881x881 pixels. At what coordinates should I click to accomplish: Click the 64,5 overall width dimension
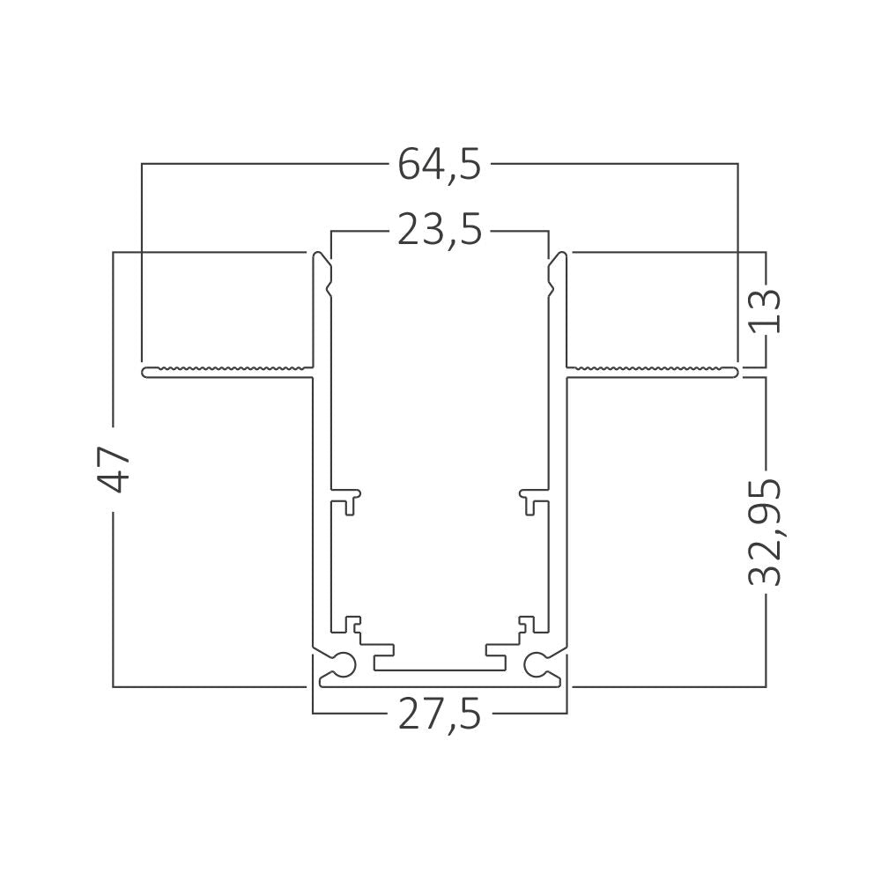[440, 165]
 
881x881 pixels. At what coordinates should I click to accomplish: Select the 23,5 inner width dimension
[440, 230]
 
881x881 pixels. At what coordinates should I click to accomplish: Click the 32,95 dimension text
[766, 533]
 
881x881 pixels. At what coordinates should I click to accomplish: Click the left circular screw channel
[344, 665]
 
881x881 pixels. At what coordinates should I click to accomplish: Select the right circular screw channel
[536, 665]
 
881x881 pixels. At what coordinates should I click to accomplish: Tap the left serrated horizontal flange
[227, 372]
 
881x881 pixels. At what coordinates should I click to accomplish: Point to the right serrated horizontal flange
[652, 372]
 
